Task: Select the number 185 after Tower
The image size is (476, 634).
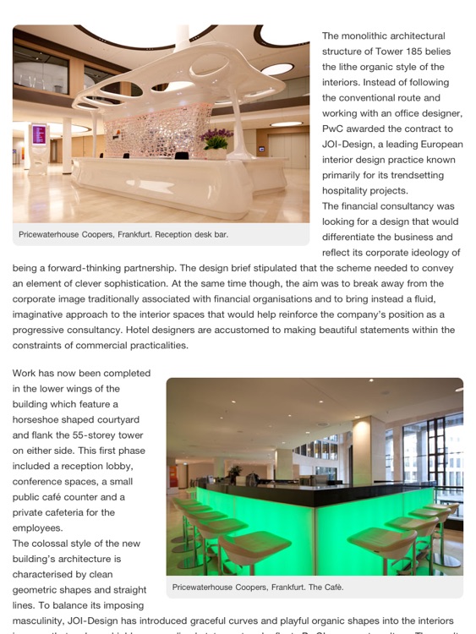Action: click(404, 52)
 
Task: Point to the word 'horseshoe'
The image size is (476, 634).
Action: click(41, 420)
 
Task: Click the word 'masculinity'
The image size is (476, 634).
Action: click(38, 620)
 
